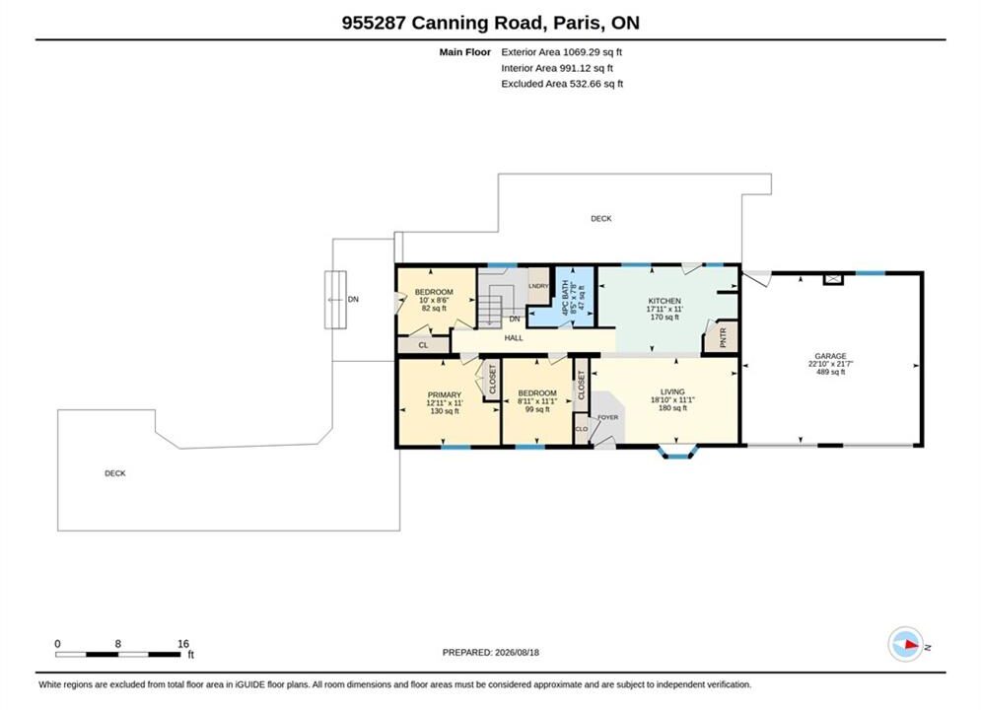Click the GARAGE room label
point(830,356)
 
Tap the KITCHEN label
point(665,301)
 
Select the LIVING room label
point(672,391)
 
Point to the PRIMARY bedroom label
point(445,394)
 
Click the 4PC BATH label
point(565,298)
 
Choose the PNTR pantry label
point(724,338)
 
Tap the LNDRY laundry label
point(538,286)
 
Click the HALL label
point(514,338)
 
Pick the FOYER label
point(607,417)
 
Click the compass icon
point(905,644)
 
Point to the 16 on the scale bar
point(182,643)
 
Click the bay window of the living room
point(677,451)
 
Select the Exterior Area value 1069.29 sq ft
point(593,52)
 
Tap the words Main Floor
point(464,52)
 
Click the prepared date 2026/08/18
point(517,652)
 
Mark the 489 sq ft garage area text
point(830,372)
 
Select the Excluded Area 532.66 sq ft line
point(562,83)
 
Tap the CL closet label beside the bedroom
point(424,345)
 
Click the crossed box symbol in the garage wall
point(833,279)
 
